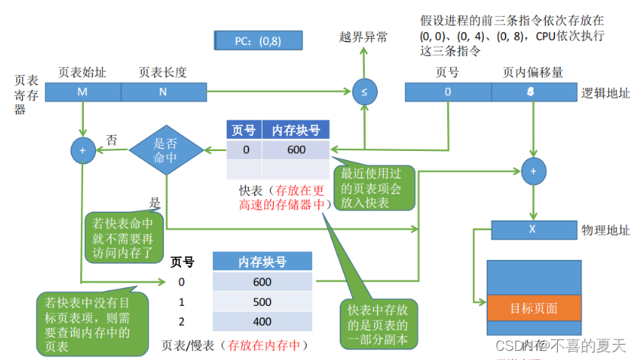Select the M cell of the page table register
(x=82, y=92)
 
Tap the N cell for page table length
(x=163, y=92)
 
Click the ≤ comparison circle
(x=363, y=92)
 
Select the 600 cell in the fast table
(x=296, y=149)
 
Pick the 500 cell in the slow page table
(x=262, y=302)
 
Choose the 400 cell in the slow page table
(x=262, y=321)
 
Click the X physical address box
(x=533, y=229)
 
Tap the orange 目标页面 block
(x=533, y=308)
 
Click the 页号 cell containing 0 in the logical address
(x=447, y=92)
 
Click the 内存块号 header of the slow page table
(x=262, y=262)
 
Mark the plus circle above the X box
(x=533, y=169)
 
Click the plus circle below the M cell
(x=82, y=150)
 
